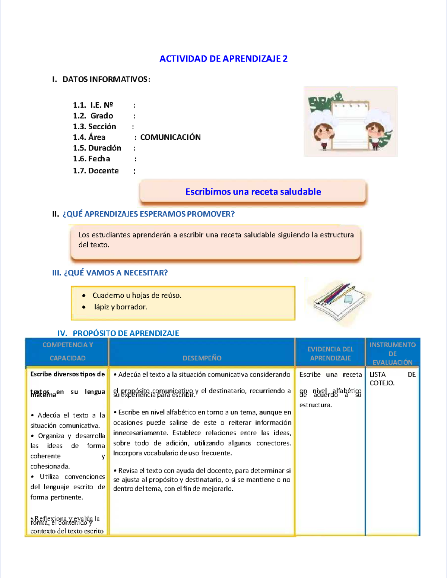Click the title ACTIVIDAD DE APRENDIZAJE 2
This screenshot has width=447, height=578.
(x=223, y=59)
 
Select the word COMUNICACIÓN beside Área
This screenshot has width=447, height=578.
(x=170, y=137)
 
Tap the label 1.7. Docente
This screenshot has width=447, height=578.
(x=96, y=171)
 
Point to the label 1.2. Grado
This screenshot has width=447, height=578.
(x=93, y=116)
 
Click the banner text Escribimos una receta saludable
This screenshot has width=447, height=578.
(x=253, y=192)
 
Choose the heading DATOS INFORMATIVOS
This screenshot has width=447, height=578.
(x=106, y=79)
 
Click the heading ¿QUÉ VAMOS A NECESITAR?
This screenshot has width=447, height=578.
(x=115, y=273)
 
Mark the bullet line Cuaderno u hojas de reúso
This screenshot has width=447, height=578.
(x=137, y=296)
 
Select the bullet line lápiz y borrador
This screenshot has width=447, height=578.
(x=120, y=307)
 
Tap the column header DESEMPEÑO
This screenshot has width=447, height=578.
(x=202, y=358)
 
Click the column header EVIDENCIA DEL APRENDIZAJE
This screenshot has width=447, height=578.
(x=330, y=353)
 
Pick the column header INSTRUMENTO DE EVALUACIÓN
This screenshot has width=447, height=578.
(x=393, y=353)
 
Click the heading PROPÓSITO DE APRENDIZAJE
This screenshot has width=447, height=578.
(x=126, y=333)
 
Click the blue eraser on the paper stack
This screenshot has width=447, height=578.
(x=348, y=299)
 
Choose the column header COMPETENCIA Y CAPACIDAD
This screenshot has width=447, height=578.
(x=67, y=351)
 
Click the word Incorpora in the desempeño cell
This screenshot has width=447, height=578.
(x=128, y=453)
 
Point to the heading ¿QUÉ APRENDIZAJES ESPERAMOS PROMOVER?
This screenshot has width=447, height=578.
(x=148, y=214)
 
